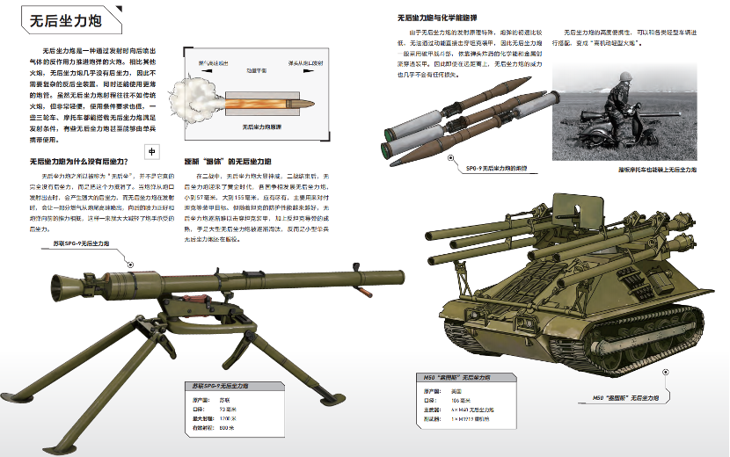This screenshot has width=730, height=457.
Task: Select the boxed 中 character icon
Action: [x=151, y=151]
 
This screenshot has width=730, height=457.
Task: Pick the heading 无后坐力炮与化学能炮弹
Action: [x=437, y=17]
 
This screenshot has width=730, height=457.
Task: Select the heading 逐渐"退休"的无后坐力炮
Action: [x=227, y=162]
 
